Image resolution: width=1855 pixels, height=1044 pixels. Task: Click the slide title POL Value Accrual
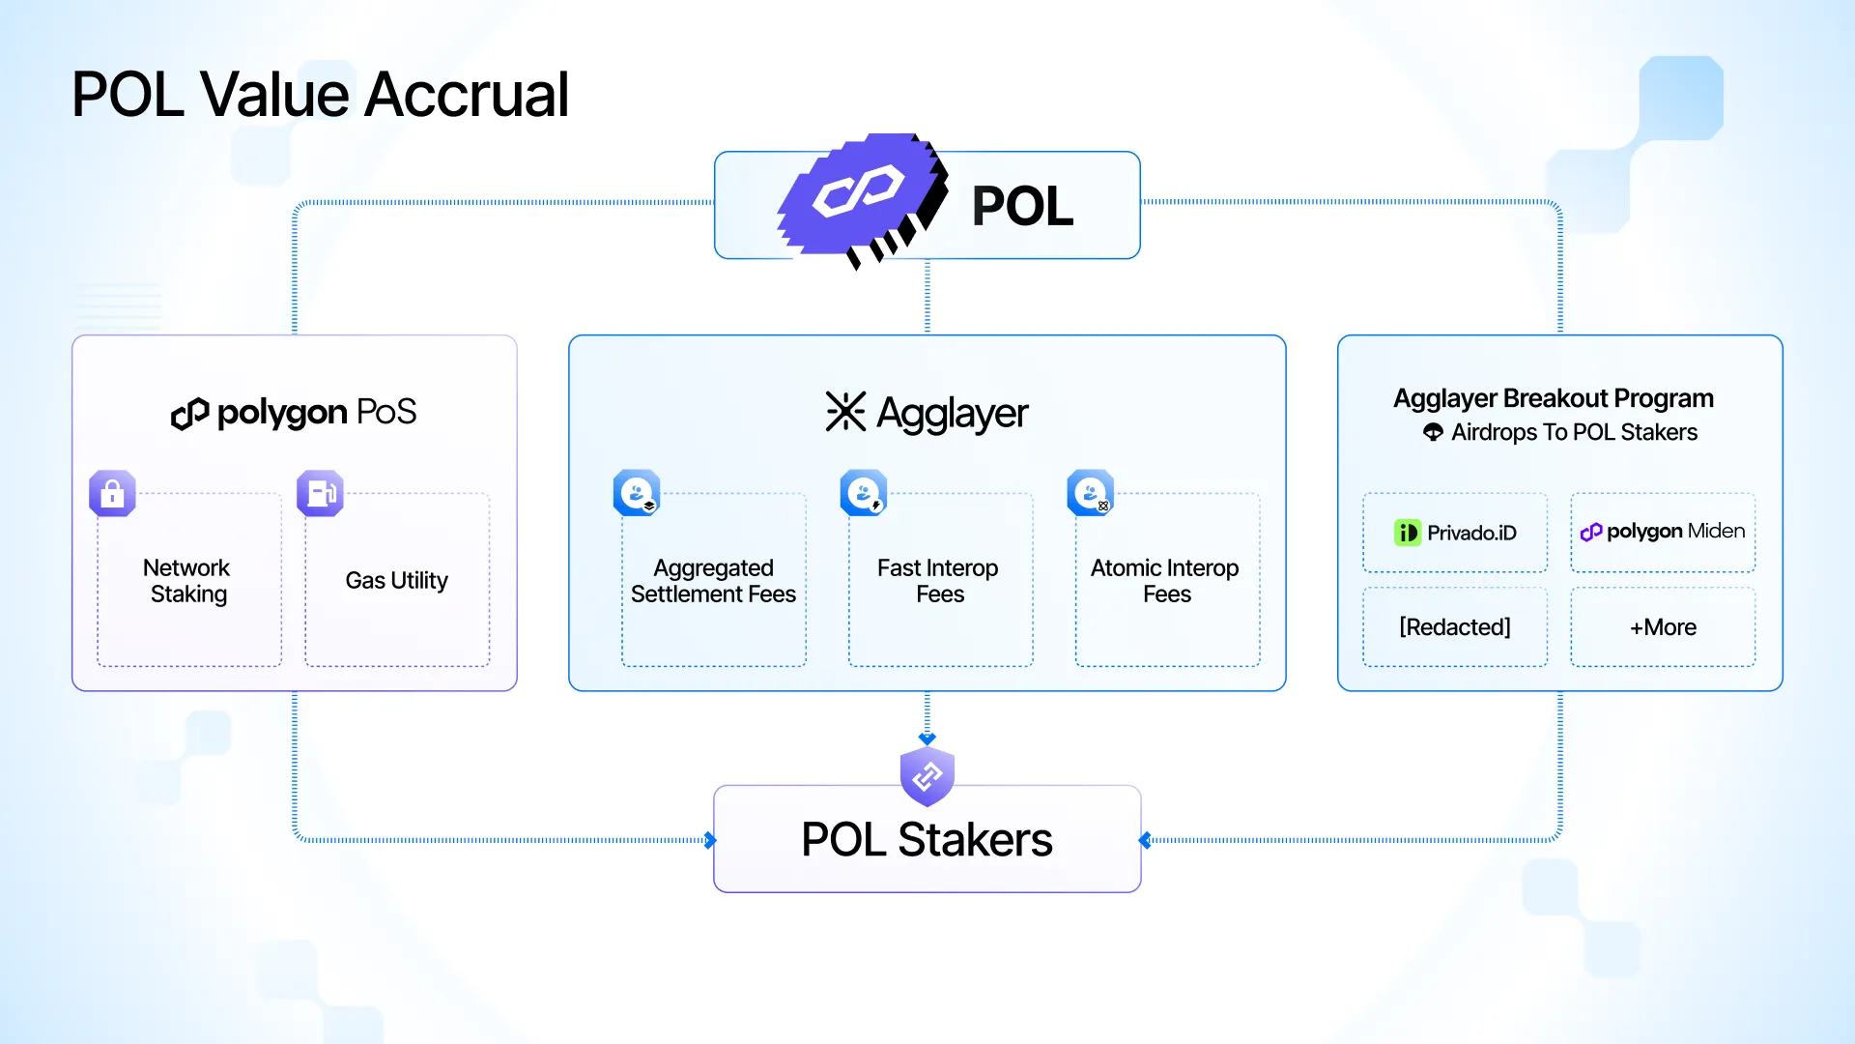[x=320, y=95]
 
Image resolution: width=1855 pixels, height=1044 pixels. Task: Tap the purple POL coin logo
[x=862, y=199]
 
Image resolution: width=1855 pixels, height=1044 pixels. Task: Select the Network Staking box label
[x=187, y=580]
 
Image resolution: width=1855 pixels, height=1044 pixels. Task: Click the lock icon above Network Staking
[x=112, y=493]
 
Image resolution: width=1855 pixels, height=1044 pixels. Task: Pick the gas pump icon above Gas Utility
[x=320, y=493]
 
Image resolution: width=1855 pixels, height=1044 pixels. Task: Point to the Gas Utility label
[x=396, y=580]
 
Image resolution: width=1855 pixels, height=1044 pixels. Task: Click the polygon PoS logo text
[x=294, y=413]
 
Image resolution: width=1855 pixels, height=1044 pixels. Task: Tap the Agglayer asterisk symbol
[x=845, y=412]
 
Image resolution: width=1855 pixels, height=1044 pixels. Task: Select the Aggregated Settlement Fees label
[x=713, y=580]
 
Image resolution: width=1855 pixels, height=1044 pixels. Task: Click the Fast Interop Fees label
[x=938, y=580]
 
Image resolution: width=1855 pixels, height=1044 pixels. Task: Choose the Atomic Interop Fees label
[x=1165, y=580]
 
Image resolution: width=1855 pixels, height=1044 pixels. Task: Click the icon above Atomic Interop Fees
[x=1091, y=493]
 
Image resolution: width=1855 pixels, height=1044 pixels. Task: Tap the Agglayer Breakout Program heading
[x=1554, y=398]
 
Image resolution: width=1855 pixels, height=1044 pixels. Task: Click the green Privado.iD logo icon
[x=1408, y=533]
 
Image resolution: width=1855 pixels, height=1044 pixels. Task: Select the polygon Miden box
[x=1663, y=533]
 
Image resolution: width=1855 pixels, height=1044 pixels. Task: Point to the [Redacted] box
[x=1455, y=627]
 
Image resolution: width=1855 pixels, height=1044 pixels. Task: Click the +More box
[x=1663, y=627]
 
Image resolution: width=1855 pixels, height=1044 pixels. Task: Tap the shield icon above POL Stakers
[x=927, y=775]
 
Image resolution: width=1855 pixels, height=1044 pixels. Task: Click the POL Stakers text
[x=927, y=839]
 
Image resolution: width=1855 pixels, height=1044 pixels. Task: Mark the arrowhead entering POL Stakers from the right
[x=1145, y=840]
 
